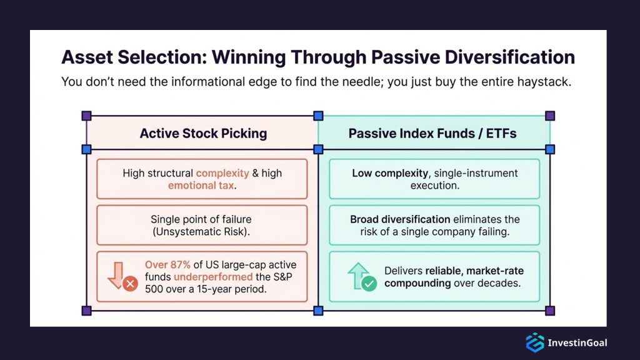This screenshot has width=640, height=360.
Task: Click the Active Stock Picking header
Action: point(203,133)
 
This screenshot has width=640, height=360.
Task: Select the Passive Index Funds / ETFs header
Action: point(432,133)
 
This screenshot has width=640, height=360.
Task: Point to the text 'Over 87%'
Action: point(168,264)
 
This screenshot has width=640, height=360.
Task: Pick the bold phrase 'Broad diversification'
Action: point(400,219)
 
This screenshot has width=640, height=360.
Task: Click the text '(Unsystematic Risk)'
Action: point(202,231)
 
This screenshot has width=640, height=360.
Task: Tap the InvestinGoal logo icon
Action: point(534,342)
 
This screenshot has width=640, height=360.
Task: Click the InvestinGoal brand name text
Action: point(577,342)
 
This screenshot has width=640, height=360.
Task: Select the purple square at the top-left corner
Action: point(86,116)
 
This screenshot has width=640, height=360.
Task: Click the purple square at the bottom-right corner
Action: point(550,311)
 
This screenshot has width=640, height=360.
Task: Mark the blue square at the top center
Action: point(318,116)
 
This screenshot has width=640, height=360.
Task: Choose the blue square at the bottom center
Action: point(318,311)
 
